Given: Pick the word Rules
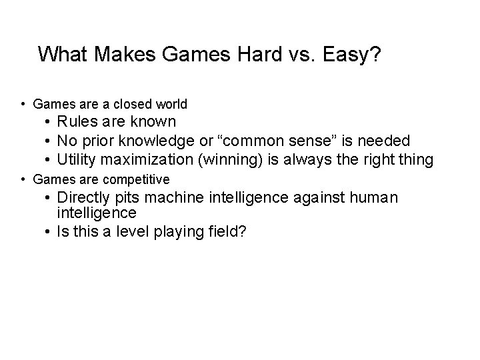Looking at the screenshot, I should coord(77,122).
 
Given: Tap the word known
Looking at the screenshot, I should coord(153,122).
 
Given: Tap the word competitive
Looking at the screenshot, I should coord(138,179).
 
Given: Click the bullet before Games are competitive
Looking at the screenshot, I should coord(23,179).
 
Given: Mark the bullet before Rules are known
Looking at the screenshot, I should coord(49,122).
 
